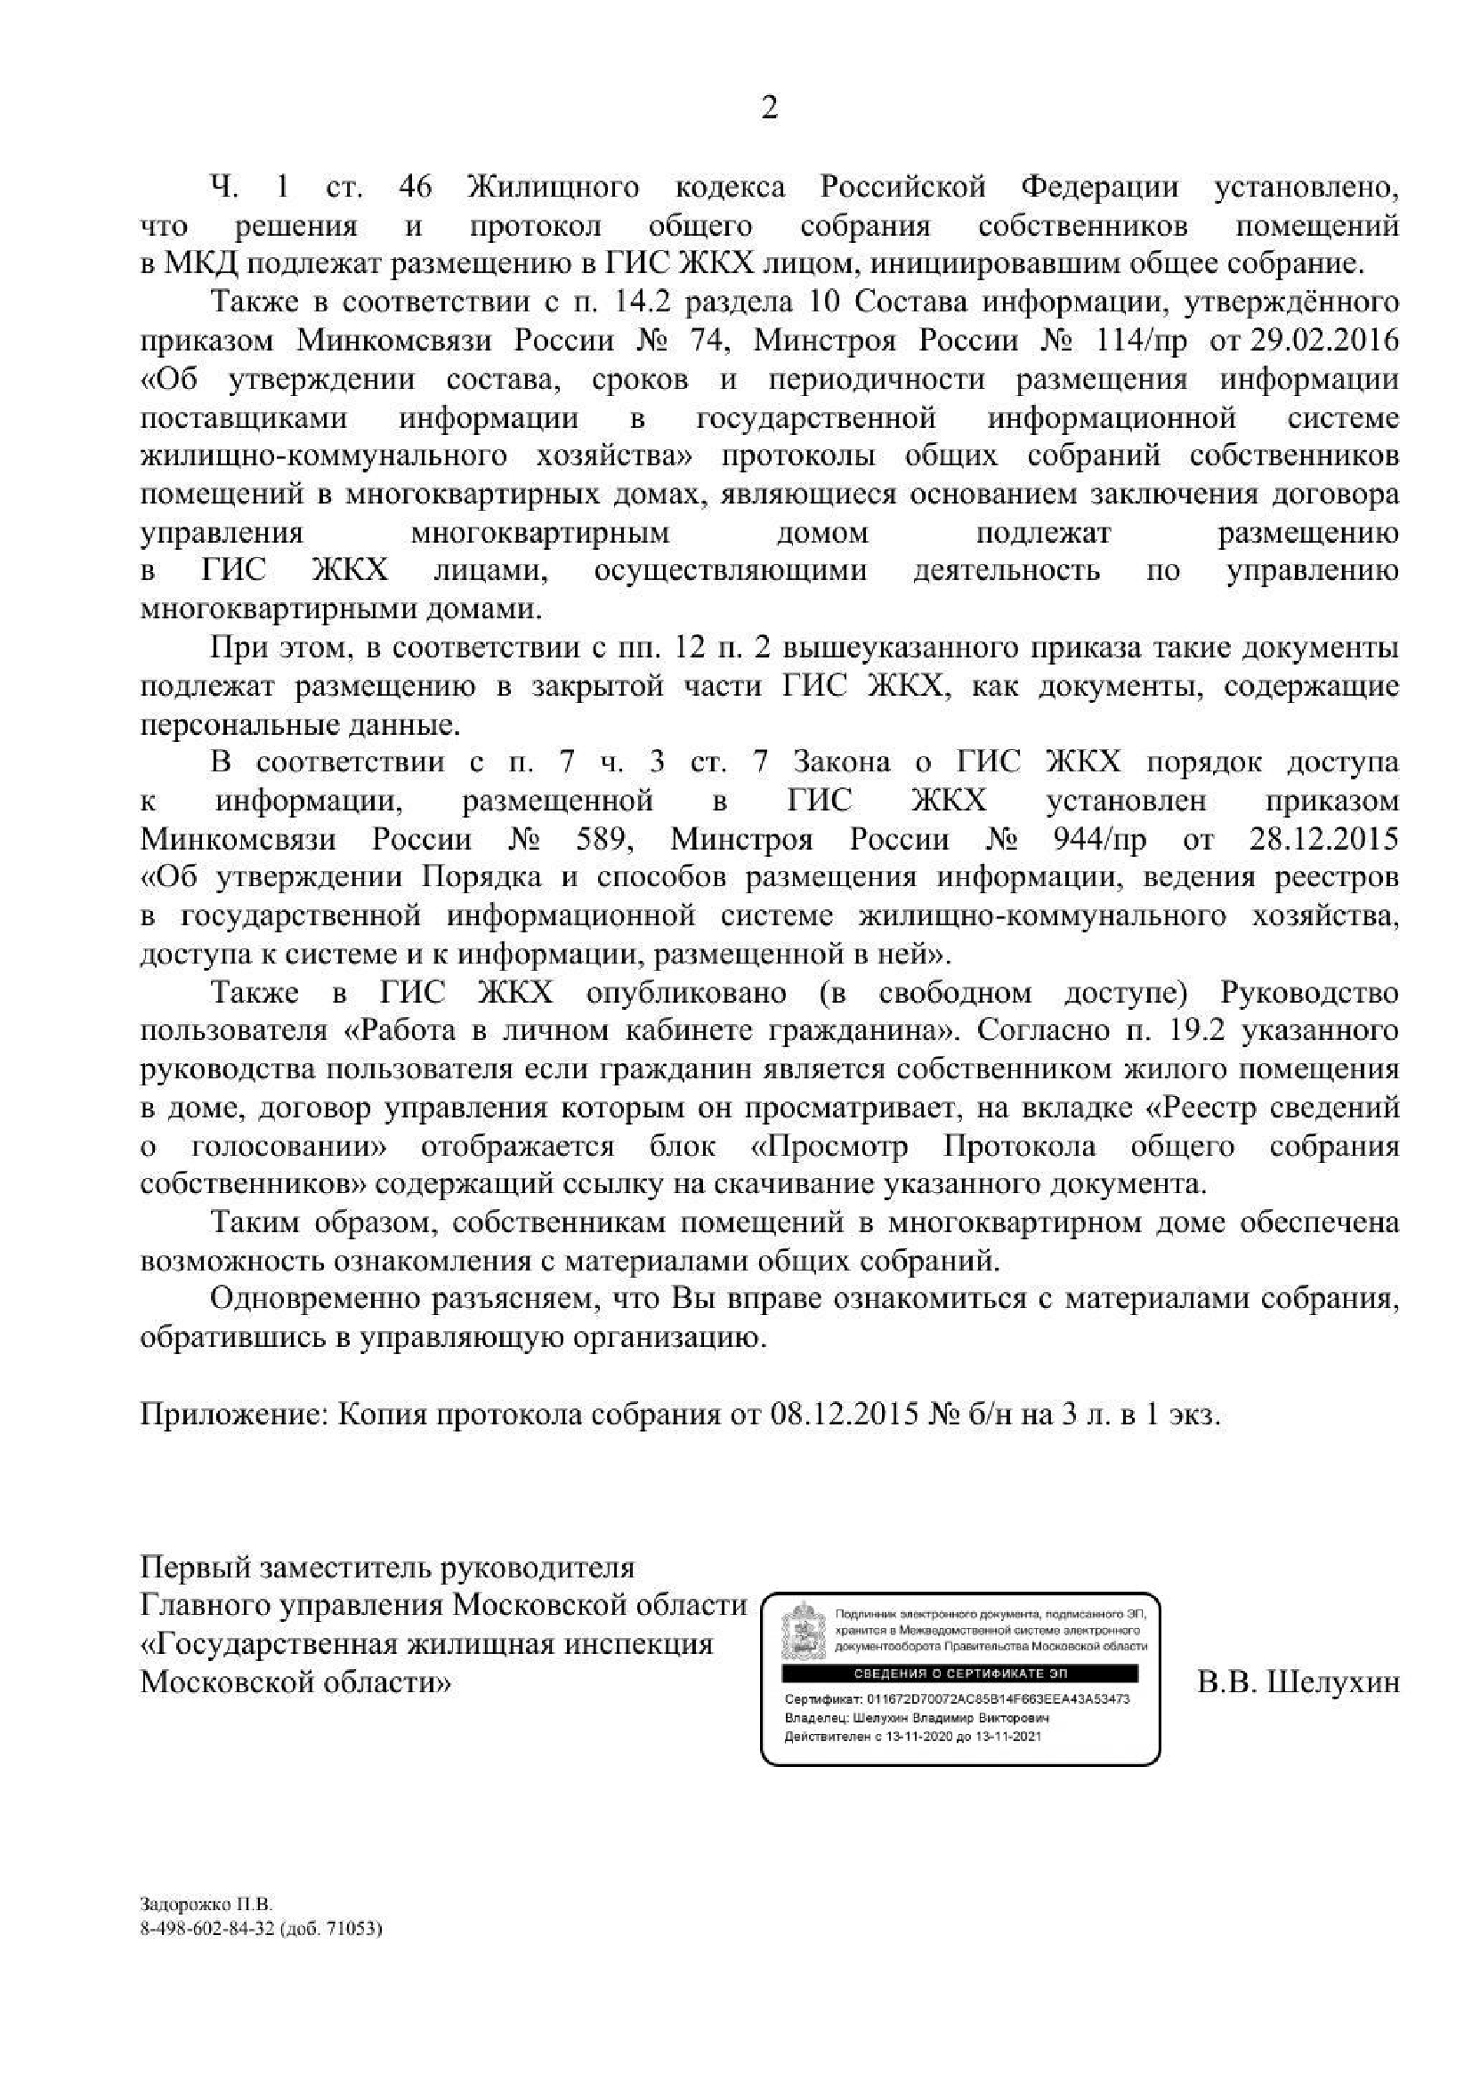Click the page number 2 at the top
[x=770, y=109]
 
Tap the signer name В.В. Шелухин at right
[x=1298, y=1683]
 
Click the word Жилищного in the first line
[x=552, y=188]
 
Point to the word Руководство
[x=1310, y=993]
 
